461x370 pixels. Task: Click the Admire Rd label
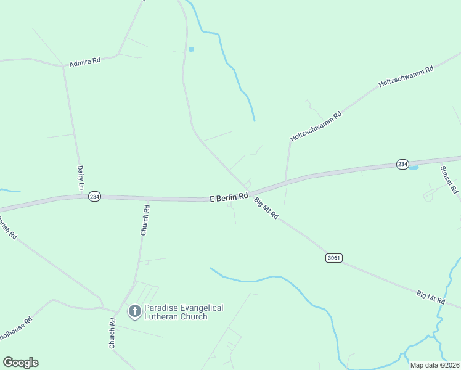pyautogui.click(x=84, y=63)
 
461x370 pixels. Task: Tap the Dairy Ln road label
pyautogui.click(x=80, y=177)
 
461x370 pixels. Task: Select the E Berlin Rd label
pyautogui.click(x=229, y=197)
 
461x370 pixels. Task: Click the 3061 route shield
pyautogui.click(x=333, y=257)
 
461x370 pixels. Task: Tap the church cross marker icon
pyautogui.click(x=134, y=311)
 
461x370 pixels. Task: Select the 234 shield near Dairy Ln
pyautogui.click(x=94, y=196)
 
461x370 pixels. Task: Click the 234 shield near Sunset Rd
pyautogui.click(x=402, y=164)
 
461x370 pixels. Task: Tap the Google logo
pyautogui.click(x=20, y=363)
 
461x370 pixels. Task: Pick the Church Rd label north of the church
pyautogui.click(x=145, y=221)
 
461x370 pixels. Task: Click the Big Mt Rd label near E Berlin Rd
pyautogui.click(x=267, y=208)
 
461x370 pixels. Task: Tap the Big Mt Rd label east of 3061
pyautogui.click(x=430, y=297)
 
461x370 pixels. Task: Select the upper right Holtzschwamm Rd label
pyautogui.click(x=406, y=76)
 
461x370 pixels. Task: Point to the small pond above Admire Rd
pyautogui.click(x=191, y=49)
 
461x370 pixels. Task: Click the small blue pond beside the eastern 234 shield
pyautogui.click(x=413, y=167)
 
